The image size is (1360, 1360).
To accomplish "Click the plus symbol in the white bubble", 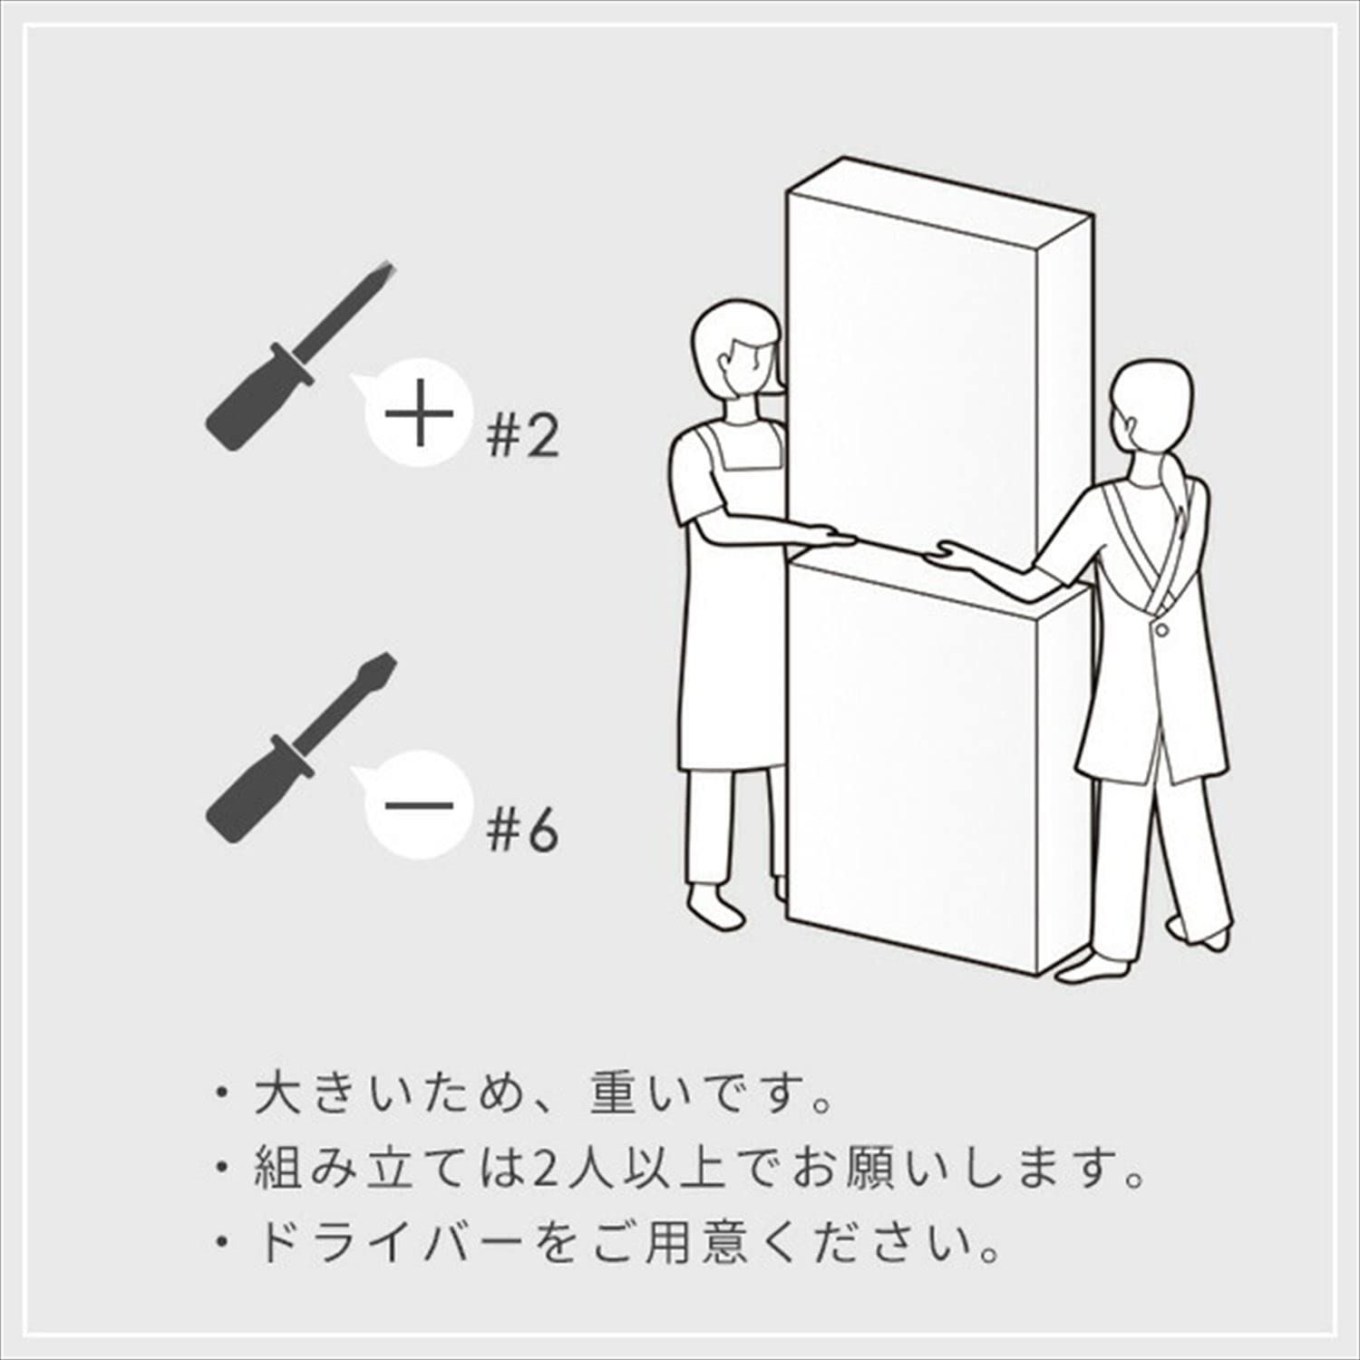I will tap(419, 414).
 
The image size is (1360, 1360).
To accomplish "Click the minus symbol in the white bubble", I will tap(419, 805).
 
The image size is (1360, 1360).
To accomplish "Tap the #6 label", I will tap(521, 830).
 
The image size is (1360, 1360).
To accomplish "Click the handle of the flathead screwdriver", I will tap(249, 793).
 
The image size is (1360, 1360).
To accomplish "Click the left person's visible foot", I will tap(716, 907).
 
